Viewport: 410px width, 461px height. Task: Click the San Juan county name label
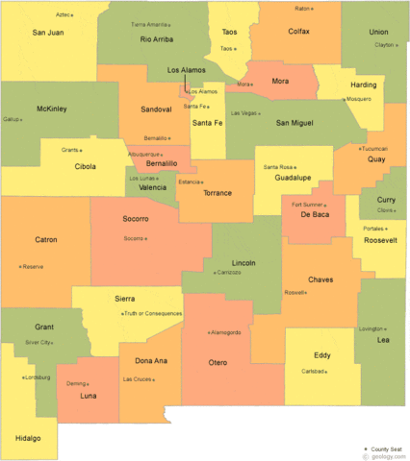click(x=48, y=33)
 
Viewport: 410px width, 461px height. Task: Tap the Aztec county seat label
click(x=64, y=14)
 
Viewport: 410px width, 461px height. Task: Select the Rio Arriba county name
click(x=157, y=39)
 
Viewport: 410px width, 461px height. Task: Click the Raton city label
click(x=302, y=8)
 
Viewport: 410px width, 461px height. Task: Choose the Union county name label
click(x=378, y=32)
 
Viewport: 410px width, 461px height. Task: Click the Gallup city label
click(x=12, y=120)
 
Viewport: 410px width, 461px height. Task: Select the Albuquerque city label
click(x=143, y=155)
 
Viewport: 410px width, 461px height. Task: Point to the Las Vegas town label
click(x=243, y=113)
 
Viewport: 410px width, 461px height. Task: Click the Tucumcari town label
click(x=373, y=149)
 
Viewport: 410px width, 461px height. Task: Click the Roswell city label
click(x=294, y=292)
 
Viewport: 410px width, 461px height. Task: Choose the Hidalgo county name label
click(x=28, y=438)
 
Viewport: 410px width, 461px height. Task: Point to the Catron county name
click(x=45, y=239)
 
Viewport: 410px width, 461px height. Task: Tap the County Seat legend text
click(x=389, y=449)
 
